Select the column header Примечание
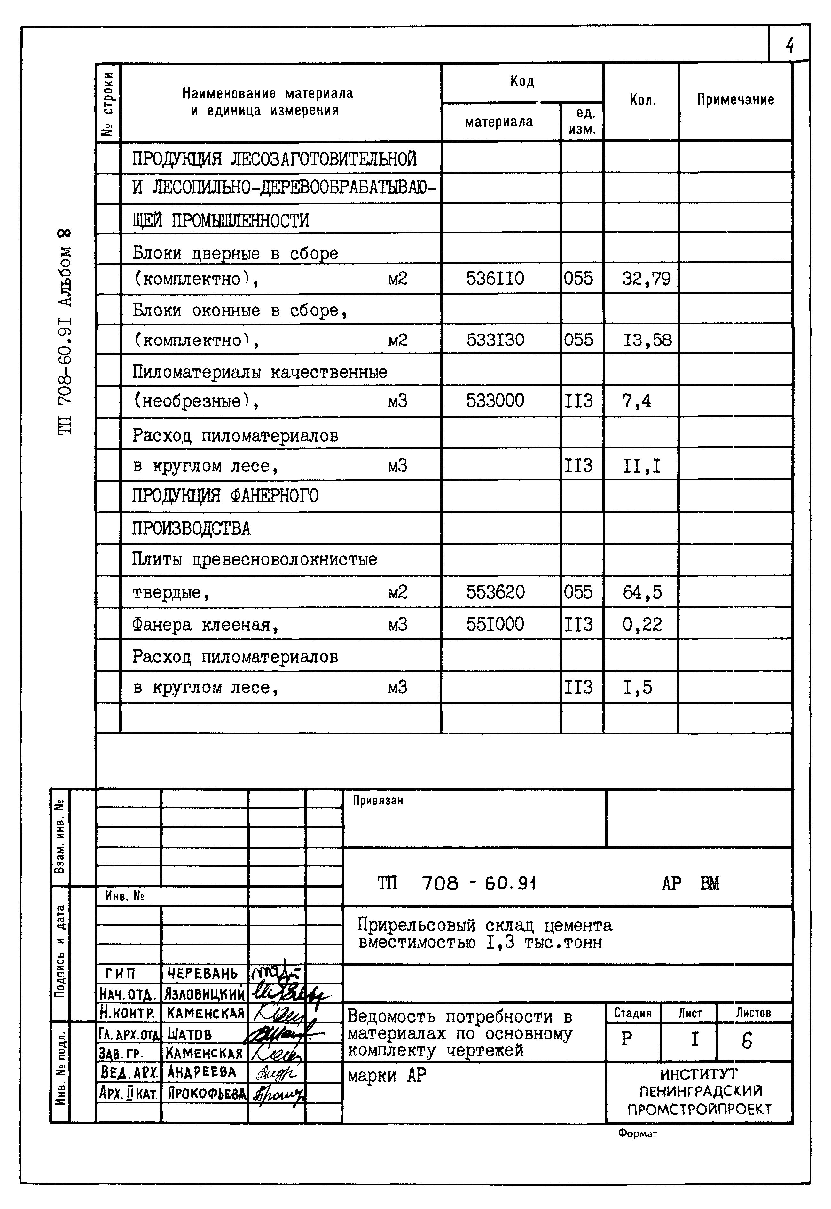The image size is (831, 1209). coord(735,99)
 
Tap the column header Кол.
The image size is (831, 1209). coord(642,100)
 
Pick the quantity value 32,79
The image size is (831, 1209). coord(646,279)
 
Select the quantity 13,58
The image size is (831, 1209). coord(647,340)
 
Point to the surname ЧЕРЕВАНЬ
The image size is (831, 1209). coord(202,974)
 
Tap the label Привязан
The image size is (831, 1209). coord(378,801)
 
